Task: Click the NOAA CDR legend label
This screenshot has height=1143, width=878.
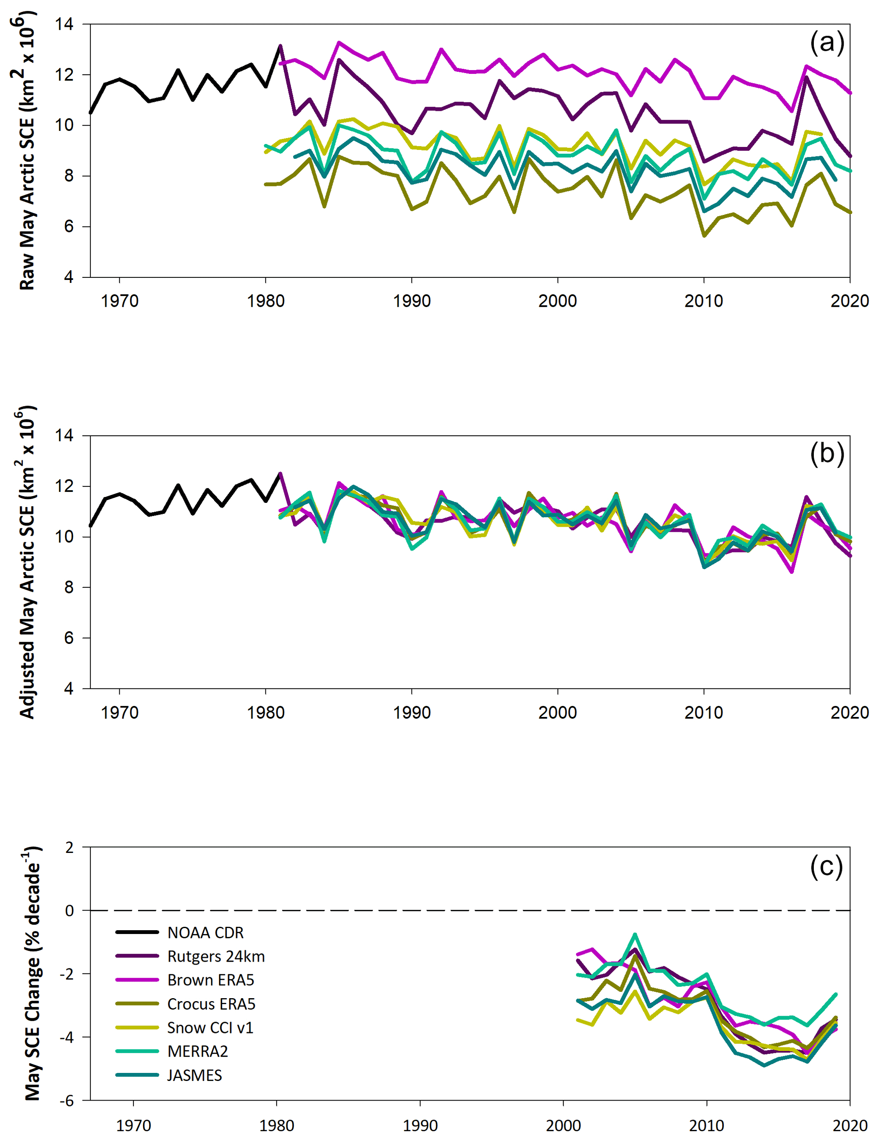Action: [206, 933]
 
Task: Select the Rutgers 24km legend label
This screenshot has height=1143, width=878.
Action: [216, 957]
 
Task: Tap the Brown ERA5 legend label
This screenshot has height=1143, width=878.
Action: [211, 980]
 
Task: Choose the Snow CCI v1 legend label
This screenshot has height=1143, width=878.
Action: [210, 1027]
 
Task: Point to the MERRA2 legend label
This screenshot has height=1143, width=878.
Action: [198, 1051]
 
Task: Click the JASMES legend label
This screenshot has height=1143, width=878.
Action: [195, 1075]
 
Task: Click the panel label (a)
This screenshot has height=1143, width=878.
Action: [827, 42]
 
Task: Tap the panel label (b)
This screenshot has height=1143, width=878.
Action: [827, 453]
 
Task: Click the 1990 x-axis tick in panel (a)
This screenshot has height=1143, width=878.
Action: [412, 301]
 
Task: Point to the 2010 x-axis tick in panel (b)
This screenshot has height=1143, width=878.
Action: [703, 712]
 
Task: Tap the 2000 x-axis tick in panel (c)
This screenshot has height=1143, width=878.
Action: [563, 1125]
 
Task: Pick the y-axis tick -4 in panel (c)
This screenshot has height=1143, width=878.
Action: [66, 1037]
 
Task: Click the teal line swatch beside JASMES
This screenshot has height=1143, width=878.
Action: [137, 1075]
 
